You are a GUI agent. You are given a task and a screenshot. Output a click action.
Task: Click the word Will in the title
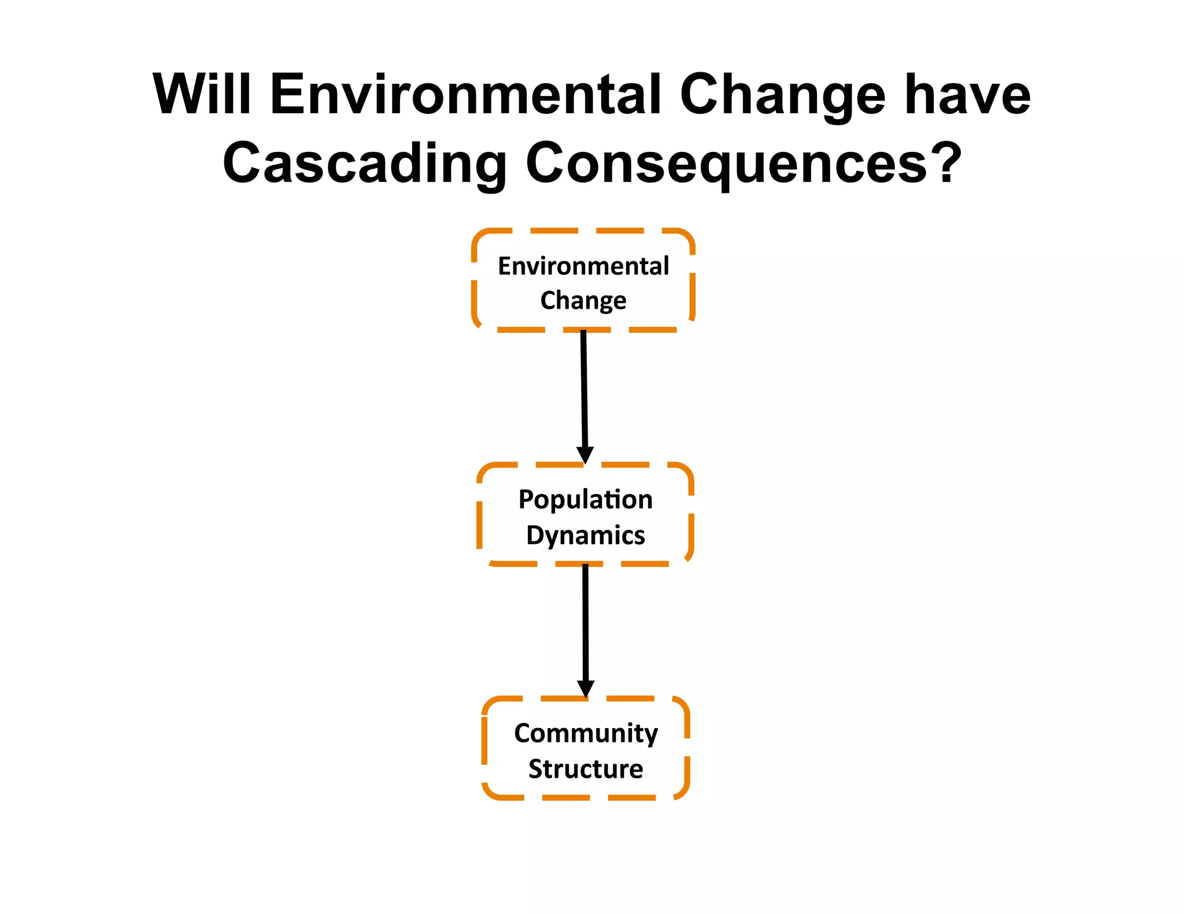coord(202,94)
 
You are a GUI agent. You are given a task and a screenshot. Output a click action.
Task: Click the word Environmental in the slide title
coord(465,94)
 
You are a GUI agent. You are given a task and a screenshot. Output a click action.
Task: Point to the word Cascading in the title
coord(364,164)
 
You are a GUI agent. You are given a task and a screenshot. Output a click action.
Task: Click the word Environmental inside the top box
coord(583,266)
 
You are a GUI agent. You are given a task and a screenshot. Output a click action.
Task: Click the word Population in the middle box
coord(585,500)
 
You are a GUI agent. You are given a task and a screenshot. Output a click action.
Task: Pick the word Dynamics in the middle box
coord(585,536)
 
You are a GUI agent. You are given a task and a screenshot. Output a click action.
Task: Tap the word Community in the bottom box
coord(586,734)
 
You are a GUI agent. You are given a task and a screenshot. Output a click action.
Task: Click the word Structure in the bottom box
coord(586,769)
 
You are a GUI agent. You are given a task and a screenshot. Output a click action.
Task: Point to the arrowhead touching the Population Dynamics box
coord(585,455)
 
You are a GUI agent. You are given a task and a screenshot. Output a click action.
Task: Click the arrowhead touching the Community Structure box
coord(586,688)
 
